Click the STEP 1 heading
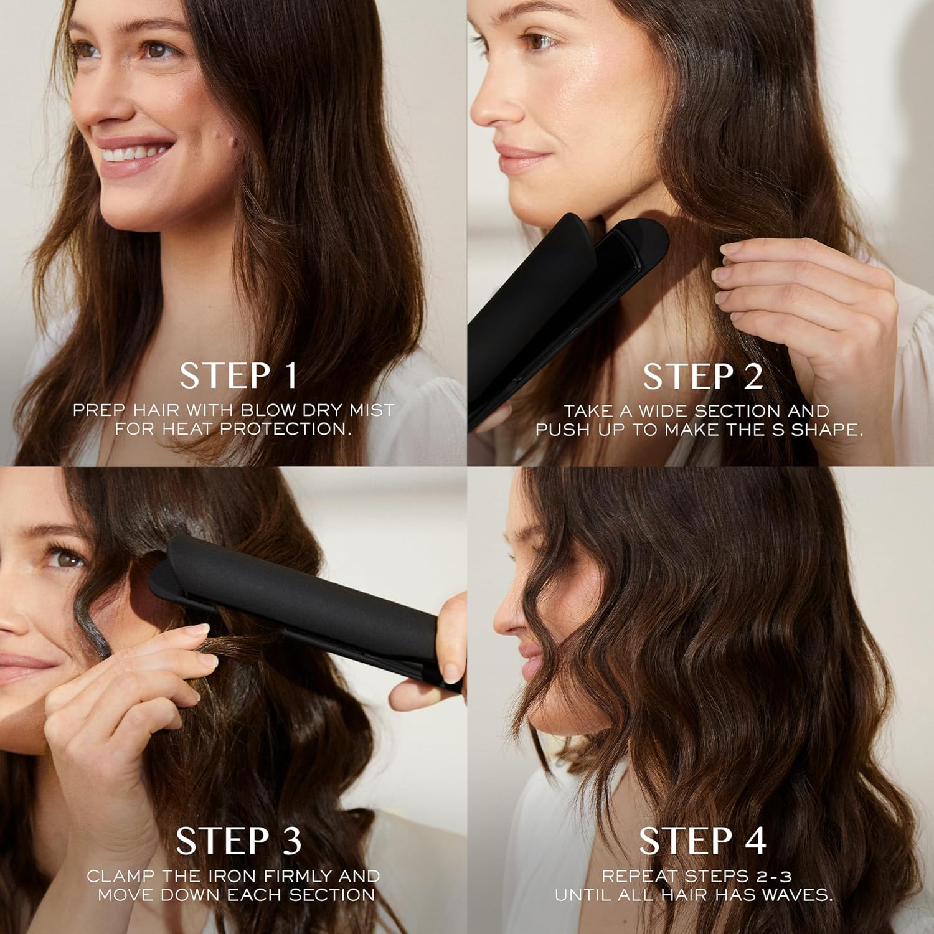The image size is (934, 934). point(238,375)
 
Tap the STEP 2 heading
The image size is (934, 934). point(702,377)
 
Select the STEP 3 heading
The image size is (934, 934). point(238,841)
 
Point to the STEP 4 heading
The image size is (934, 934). point(702,841)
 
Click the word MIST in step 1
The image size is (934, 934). point(372,410)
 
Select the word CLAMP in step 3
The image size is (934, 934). point(121,876)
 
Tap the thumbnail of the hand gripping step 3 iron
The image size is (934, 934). point(450,672)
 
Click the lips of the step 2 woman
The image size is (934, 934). point(514,158)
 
